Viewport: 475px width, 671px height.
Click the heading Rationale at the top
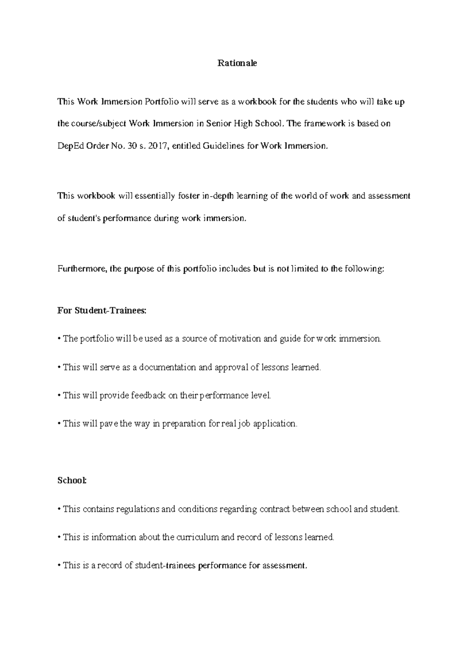pos(237,63)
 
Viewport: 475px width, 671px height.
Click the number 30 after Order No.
pos(132,146)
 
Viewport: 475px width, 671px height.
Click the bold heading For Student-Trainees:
pos(102,311)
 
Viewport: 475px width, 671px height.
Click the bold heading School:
pos(72,480)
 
